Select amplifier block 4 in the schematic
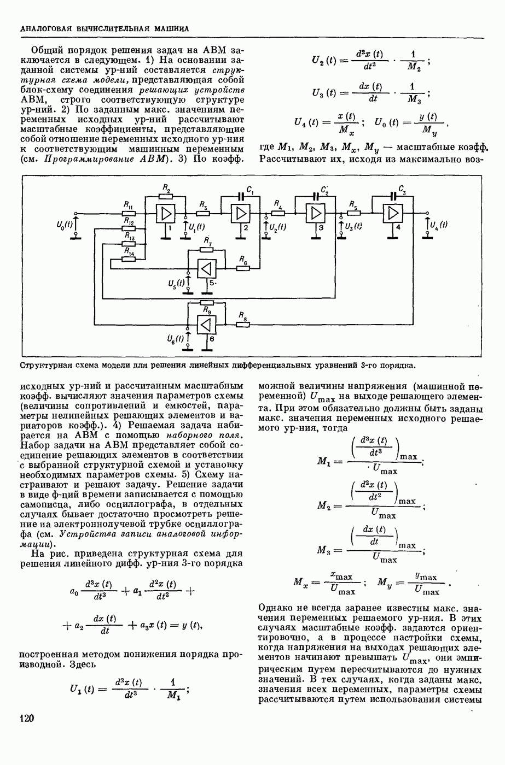(392, 214)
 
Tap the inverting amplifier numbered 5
(206, 268)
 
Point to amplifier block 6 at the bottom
(206, 324)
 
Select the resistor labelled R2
(165, 197)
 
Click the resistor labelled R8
(242, 324)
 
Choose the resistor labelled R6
(242, 268)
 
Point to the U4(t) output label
(438, 225)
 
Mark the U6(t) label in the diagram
(176, 338)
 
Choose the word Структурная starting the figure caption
(46, 365)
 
